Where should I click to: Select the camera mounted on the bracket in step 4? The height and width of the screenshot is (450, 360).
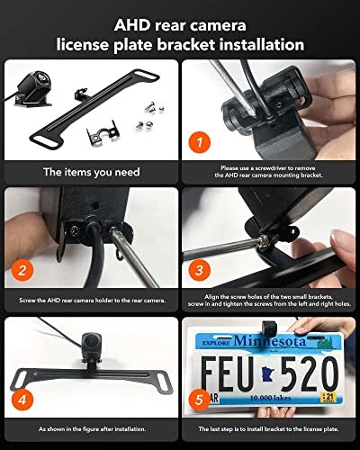tap(93, 346)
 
